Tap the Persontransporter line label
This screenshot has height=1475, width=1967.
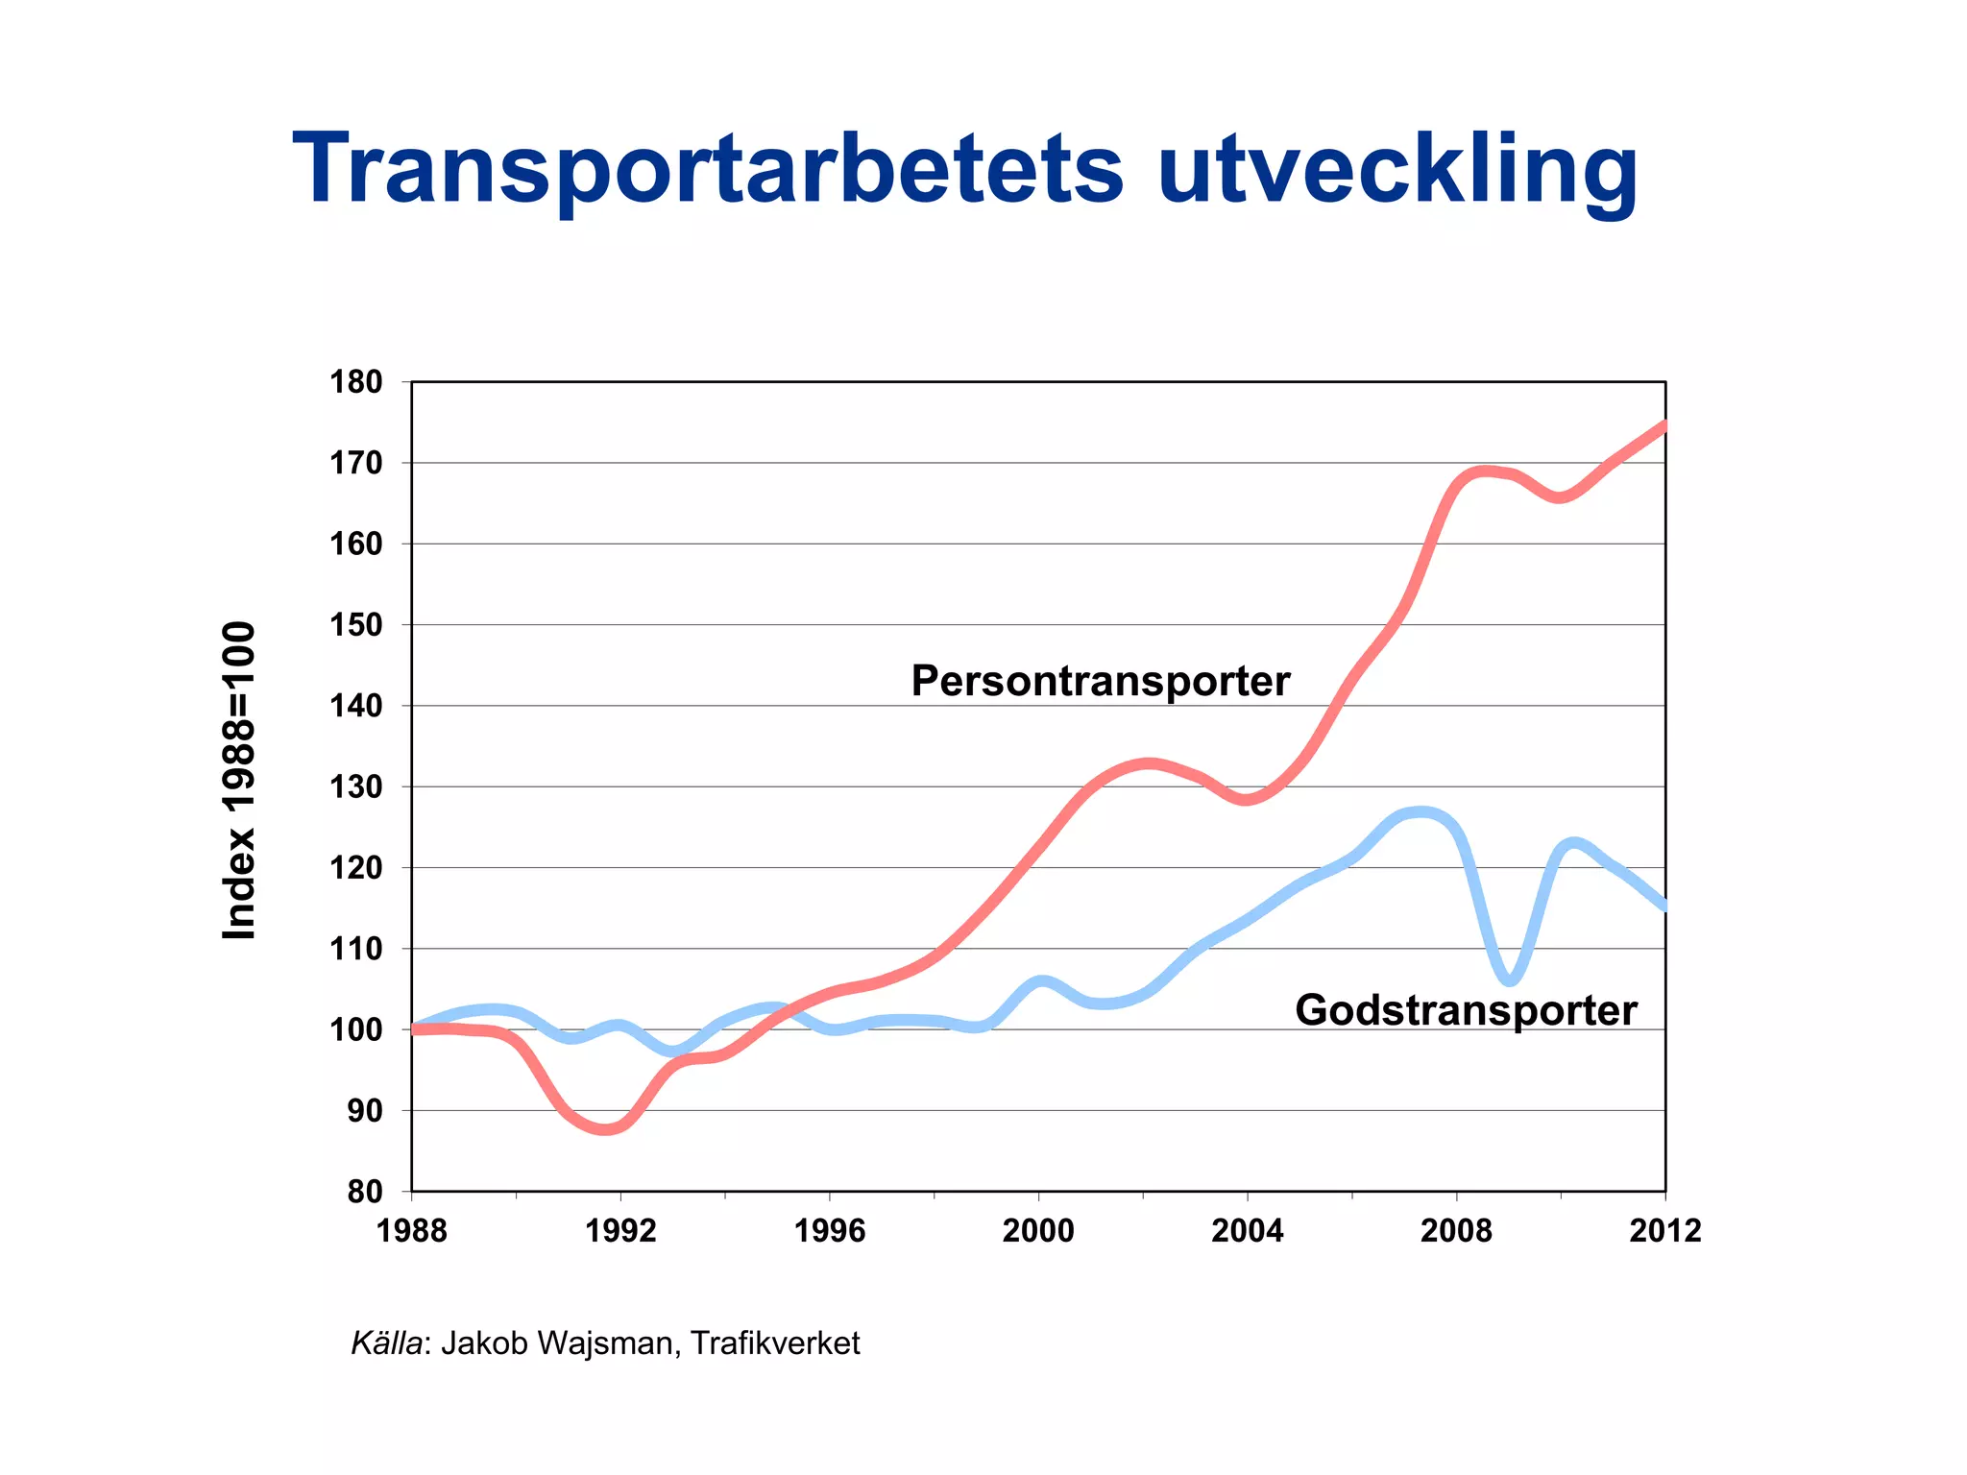coord(1100,681)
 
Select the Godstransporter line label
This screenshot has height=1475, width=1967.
coord(1466,1010)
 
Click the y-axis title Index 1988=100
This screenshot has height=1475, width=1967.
coord(239,780)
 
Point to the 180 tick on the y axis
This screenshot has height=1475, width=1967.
coord(355,382)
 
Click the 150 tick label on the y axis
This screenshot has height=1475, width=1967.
coord(355,625)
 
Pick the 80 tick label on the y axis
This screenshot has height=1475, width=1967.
coord(364,1192)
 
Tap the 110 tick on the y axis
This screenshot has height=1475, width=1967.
coord(355,949)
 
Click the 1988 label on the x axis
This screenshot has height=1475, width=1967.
coord(411,1231)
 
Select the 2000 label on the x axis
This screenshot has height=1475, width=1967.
coord(1038,1231)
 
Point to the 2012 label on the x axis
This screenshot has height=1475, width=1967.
coord(1664,1231)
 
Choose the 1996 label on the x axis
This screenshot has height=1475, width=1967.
coord(829,1231)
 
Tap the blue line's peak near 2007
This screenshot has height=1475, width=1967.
coord(1421,814)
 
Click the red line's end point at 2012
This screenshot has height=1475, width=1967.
coord(1663,425)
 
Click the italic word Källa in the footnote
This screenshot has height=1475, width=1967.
coord(386,1342)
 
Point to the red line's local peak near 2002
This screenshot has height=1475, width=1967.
coord(1149,764)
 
